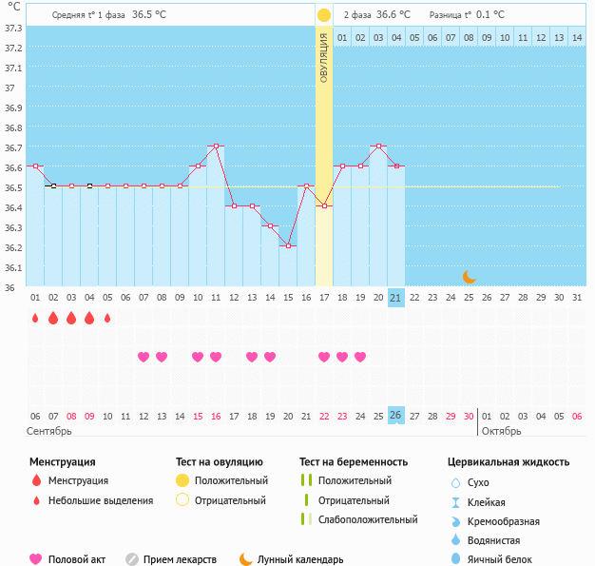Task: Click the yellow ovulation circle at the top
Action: [324, 15]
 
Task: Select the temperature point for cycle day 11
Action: [216, 146]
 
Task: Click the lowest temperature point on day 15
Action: [288, 245]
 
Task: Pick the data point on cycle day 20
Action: [378, 146]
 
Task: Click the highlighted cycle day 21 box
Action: [396, 299]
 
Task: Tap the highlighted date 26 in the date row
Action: [396, 416]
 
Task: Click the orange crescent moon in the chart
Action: [469, 276]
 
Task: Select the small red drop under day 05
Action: [107, 319]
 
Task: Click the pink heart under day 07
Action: [144, 357]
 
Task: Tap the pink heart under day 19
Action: [360, 357]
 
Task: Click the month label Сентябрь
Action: [49, 431]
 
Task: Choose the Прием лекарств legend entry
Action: [179, 560]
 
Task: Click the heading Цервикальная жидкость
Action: [509, 462]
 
